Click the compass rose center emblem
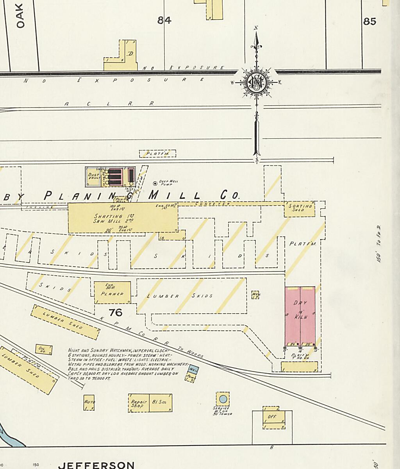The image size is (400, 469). [x=256, y=82]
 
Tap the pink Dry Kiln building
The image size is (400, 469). [x=300, y=315]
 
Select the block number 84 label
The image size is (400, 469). [x=164, y=20]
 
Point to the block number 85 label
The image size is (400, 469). [x=369, y=21]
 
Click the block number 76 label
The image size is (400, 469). [x=116, y=313]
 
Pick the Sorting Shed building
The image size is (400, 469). [x=300, y=209]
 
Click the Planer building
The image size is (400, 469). [x=112, y=293]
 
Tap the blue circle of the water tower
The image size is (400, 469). [x=223, y=399]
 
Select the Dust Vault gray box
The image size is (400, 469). [x=94, y=177]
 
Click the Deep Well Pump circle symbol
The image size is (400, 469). [x=155, y=183]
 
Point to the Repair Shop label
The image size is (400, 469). [x=138, y=403]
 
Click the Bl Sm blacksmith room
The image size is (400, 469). [x=160, y=403]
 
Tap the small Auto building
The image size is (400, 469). [x=89, y=403]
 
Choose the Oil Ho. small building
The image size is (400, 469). [x=41, y=349]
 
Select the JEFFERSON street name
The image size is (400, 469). [x=96, y=465]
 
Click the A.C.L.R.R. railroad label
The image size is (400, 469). [x=109, y=104]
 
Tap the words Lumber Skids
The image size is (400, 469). [x=180, y=296]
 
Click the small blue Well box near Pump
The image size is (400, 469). [x=193, y=369]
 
